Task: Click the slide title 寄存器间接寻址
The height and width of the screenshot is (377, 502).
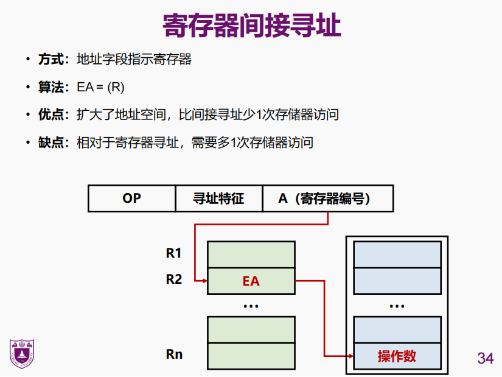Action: click(x=251, y=26)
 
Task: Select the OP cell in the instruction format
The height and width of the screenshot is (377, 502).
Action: click(x=131, y=199)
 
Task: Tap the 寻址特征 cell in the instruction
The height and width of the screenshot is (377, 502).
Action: click(x=218, y=199)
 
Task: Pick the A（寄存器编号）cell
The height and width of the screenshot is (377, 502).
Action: click(x=327, y=199)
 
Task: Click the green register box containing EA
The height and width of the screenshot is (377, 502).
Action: click(x=251, y=281)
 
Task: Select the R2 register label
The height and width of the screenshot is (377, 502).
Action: click(x=174, y=280)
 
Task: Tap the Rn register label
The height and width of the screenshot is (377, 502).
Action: click(x=174, y=354)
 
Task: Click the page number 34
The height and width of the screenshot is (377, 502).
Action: click(x=485, y=358)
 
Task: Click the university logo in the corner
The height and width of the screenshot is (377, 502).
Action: click(x=21, y=353)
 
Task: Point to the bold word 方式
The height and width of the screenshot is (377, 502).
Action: click(x=51, y=60)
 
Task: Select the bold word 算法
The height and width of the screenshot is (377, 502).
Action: click(x=51, y=87)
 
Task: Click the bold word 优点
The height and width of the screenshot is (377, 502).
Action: click(x=51, y=115)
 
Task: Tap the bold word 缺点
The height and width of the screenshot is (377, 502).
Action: click(x=51, y=143)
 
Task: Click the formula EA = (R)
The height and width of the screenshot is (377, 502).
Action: click(x=100, y=87)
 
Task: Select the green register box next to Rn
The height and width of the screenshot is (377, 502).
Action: click(x=251, y=354)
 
